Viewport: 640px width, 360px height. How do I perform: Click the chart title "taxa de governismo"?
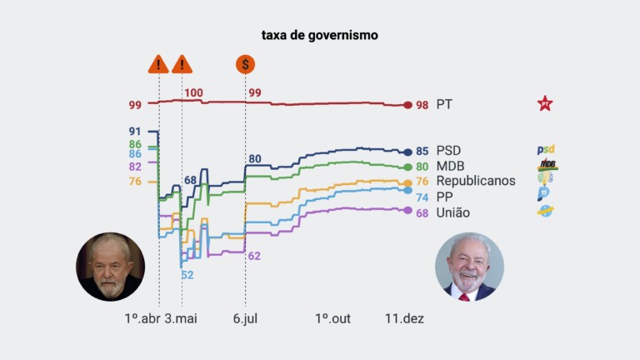pos(320,36)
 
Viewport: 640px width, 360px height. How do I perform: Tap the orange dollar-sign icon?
pos(245,63)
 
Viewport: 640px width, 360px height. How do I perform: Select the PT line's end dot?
pos(407,105)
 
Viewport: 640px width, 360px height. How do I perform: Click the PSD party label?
pos(448,151)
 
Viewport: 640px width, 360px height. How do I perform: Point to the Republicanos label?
pos(476,181)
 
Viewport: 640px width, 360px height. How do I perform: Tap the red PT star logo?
pos(545,104)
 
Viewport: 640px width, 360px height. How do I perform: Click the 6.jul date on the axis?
pos(245,318)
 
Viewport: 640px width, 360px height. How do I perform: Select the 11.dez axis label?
pos(404,318)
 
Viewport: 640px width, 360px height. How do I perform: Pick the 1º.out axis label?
pos(333,318)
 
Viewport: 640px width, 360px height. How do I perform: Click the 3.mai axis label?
pos(182,318)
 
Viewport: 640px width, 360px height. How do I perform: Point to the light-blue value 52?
pos(187,275)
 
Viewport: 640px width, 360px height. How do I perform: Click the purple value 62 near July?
pos(255,256)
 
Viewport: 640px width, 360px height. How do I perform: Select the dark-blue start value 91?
pos(135,132)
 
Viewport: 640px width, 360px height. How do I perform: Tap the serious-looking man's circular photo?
pos(111,267)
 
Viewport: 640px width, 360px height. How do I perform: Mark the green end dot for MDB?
pos(407,167)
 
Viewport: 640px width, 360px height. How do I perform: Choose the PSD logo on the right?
pos(546,151)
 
